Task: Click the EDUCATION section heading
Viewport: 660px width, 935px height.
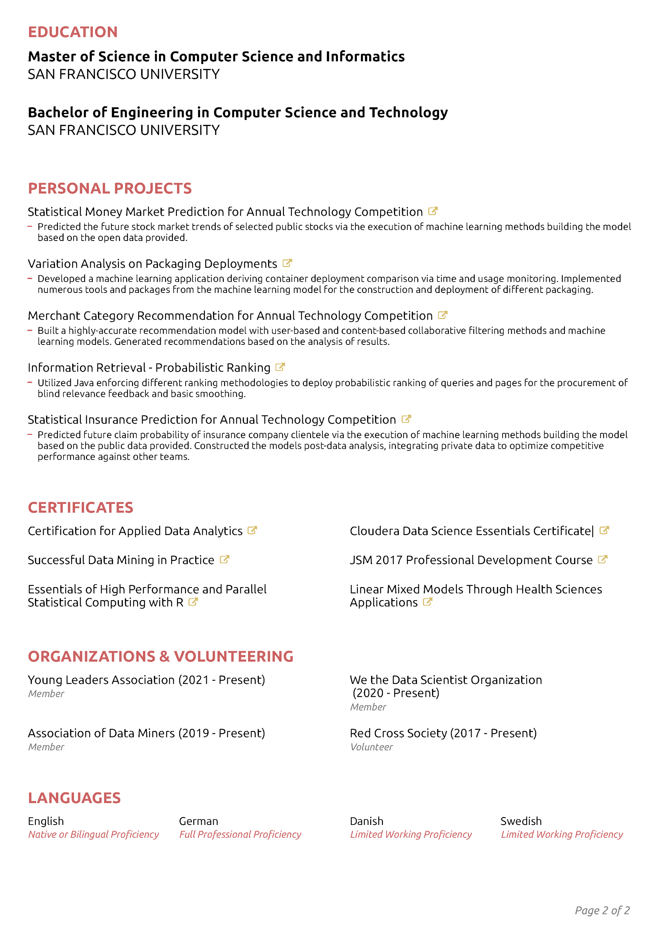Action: tap(73, 32)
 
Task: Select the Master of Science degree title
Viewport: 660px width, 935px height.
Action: tap(216, 56)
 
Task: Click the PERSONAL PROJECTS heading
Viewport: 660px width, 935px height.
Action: tap(109, 189)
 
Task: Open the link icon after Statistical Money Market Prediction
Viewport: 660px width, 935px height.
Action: tap(433, 211)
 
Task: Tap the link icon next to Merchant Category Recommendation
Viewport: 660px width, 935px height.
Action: tap(443, 315)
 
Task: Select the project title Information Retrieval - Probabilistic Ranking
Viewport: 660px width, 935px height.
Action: tap(149, 368)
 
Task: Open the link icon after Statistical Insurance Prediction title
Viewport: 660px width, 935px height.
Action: tap(406, 419)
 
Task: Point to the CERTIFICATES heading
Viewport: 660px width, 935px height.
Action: tap(80, 508)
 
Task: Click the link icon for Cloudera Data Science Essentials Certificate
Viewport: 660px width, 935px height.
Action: tap(604, 531)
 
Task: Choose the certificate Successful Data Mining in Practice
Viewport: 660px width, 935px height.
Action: tap(121, 560)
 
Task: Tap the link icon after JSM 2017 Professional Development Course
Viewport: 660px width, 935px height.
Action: tap(603, 560)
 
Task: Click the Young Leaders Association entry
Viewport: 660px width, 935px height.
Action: tap(146, 680)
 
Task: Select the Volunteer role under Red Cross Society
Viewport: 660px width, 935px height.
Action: tap(372, 747)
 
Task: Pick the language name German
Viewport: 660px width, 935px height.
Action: tap(199, 821)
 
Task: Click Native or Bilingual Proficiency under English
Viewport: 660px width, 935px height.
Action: tap(93, 835)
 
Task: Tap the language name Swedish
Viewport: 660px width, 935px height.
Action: tap(521, 821)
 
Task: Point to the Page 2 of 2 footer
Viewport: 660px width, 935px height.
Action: tap(602, 911)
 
